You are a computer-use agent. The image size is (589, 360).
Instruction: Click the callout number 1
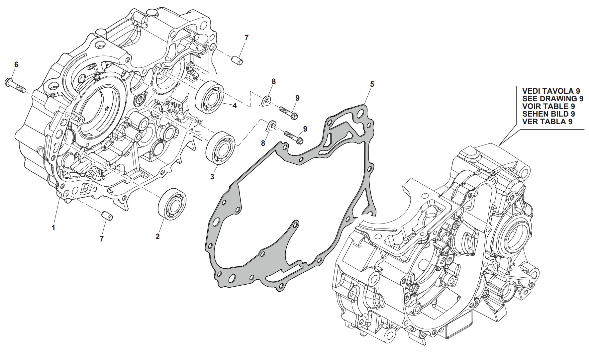[x=53, y=228]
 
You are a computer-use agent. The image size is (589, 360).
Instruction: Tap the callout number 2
[x=157, y=236]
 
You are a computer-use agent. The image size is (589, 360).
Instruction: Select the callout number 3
[x=212, y=177]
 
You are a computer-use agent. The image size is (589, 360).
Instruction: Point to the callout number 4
[x=234, y=106]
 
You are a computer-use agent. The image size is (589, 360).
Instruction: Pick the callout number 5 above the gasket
[x=372, y=84]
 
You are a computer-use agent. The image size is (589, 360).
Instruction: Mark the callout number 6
[x=16, y=64]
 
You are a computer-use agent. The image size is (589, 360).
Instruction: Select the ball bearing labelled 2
[x=172, y=203]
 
